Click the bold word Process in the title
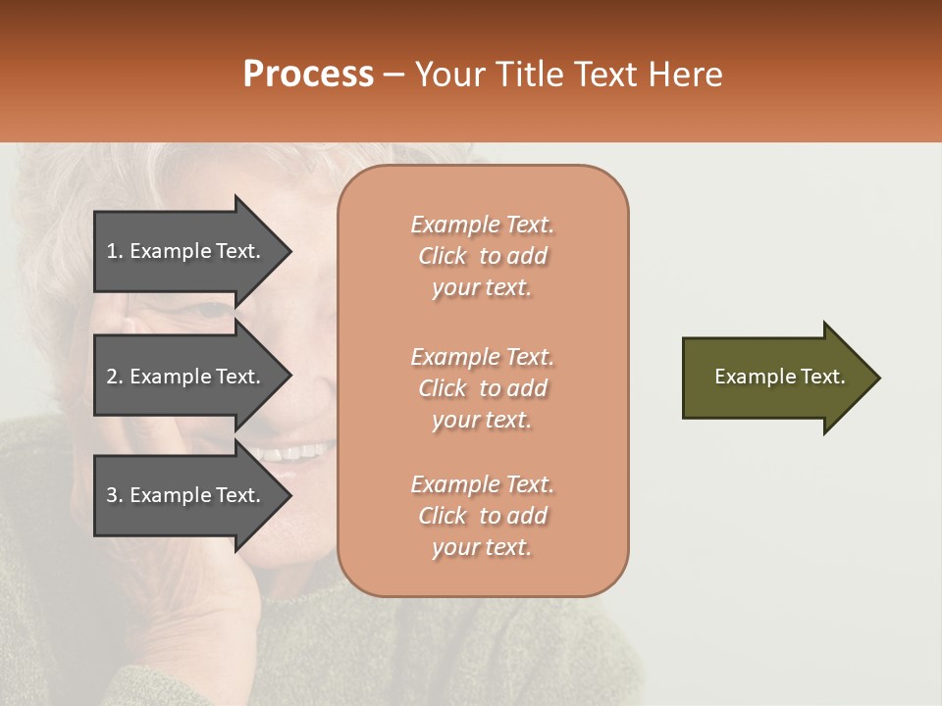pos(308,75)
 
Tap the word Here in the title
pos(686,75)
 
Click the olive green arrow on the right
pos(775,378)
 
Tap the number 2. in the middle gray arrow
pos(114,377)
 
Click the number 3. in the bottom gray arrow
pos(114,495)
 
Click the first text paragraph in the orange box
pos(482,256)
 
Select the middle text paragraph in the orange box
pos(482,388)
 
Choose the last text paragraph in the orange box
pos(482,516)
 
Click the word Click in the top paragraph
pos(443,256)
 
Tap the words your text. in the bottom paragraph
pos(482,547)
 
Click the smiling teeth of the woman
pos(294,454)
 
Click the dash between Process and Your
pos(393,75)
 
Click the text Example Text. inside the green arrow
pos(779,377)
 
